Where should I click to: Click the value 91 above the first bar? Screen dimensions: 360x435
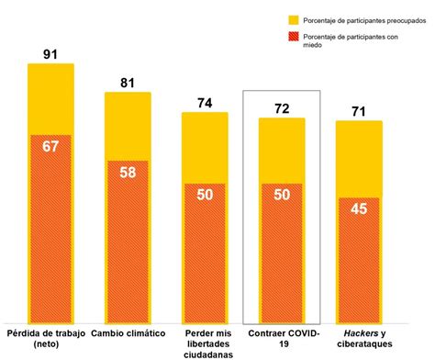[51, 53]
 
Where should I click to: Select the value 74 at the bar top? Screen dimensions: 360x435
[205, 103]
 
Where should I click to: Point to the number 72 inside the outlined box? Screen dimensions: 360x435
[281, 108]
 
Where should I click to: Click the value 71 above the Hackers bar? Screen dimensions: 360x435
[358, 111]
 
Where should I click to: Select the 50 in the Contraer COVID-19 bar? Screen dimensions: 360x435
[281, 195]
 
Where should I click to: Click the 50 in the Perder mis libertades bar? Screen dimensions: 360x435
[205, 195]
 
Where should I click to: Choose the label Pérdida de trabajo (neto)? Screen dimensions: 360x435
[51, 337]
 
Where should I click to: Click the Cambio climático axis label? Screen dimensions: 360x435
[128, 332]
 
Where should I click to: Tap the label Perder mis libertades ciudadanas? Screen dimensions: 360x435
[205, 342]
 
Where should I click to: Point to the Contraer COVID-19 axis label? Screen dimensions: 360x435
[281, 337]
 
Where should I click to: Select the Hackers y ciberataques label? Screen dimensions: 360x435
[358, 337]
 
